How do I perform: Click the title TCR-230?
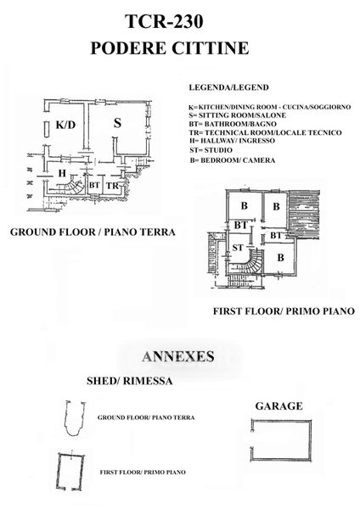[x=164, y=22]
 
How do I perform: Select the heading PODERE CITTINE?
[x=169, y=48]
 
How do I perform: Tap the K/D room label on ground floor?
[x=65, y=125]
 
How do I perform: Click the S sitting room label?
[x=117, y=123]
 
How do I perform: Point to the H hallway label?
[x=62, y=173]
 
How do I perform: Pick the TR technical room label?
[x=112, y=186]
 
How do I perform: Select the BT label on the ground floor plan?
[x=94, y=185]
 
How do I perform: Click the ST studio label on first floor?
[x=238, y=248]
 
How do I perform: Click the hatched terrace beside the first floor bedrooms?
[x=304, y=214]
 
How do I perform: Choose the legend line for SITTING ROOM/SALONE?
[x=238, y=115]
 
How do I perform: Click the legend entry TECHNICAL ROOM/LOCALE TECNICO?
[x=266, y=132]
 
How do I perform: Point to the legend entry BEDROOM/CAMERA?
[x=233, y=160]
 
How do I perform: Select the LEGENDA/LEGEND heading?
[x=228, y=87]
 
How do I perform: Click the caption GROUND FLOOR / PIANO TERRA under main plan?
[x=93, y=232]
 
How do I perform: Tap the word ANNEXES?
[x=178, y=356]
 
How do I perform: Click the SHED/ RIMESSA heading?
[x=129, y=381]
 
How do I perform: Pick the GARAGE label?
[x=278, y=406]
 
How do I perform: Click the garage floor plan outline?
[x=311, y=440]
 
